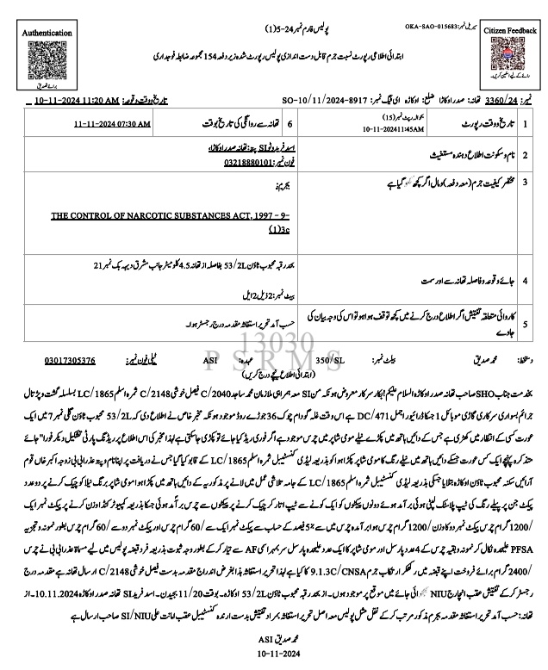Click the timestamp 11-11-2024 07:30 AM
(112, 123)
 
